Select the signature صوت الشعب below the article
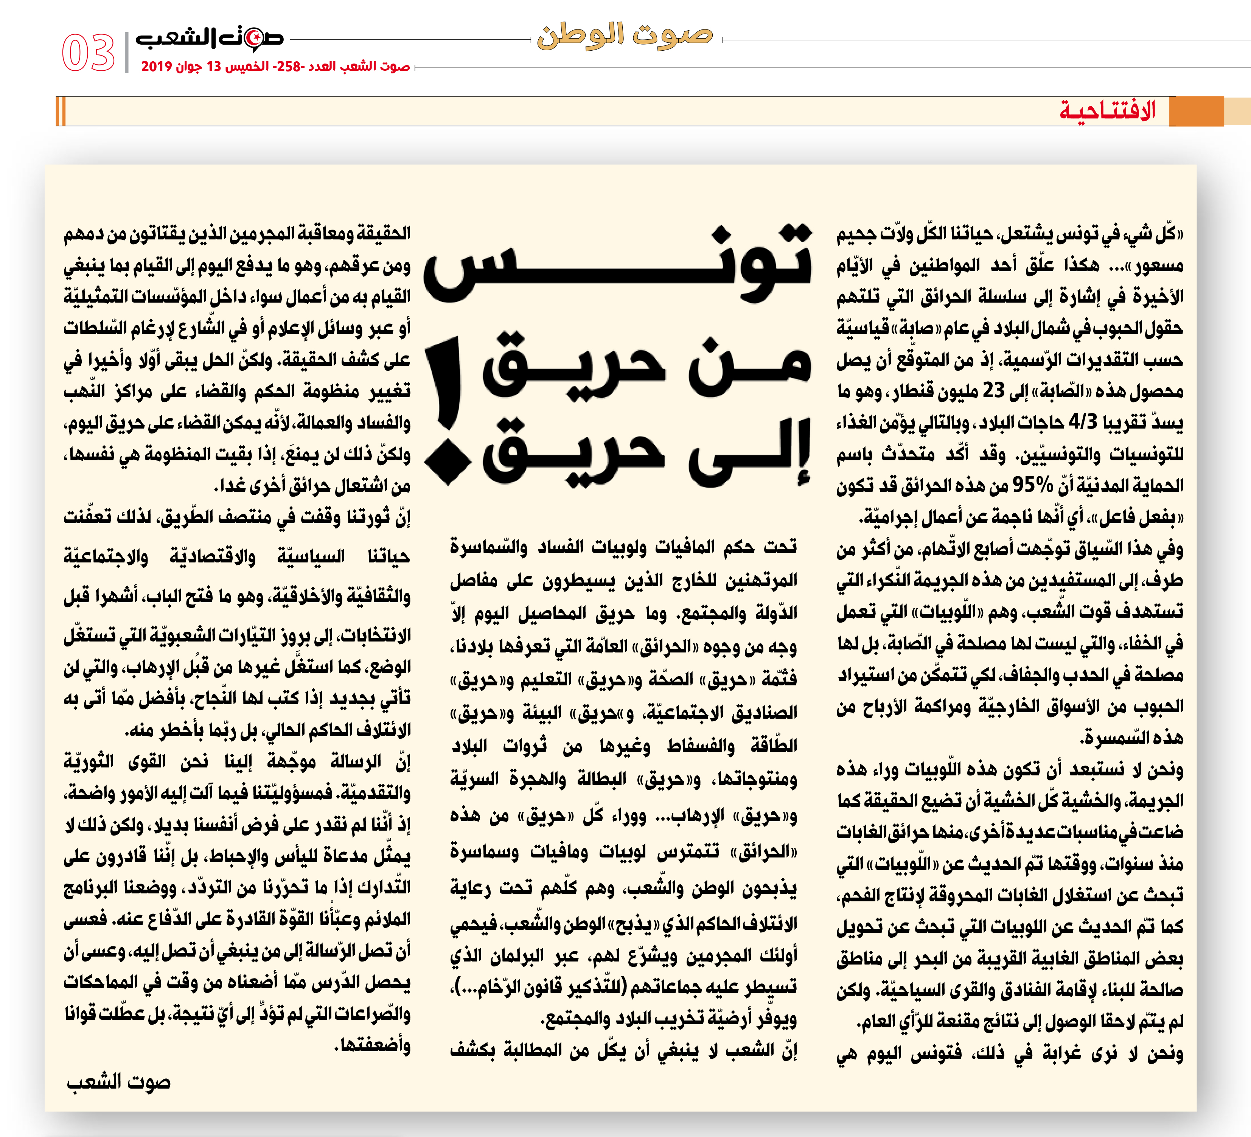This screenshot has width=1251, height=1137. tap(118, 1083)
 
